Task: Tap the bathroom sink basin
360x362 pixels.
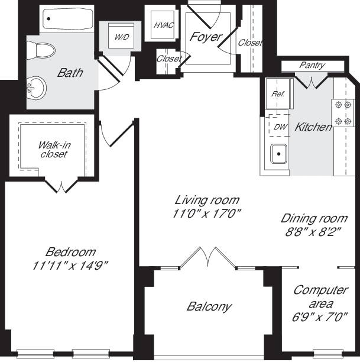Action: click(x=35, y=89)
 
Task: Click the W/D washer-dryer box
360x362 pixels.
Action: click(x=122, y=37)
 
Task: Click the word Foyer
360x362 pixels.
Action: click(x=205, y=37)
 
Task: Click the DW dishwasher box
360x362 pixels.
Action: click(x=280, y=125)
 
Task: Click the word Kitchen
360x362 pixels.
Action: click(x=313, y=127)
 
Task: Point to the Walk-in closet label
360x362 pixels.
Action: click(x=53, y=149)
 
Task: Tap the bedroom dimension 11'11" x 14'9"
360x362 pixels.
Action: click(x=70, y=266)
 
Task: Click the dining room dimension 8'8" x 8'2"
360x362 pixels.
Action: click(x=313, y=231)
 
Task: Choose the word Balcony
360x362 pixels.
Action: click(x=209, y=306)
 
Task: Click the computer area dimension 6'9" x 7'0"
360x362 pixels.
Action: click(x=320, y=316)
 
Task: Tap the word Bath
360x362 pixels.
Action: click(x=70, y=73)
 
